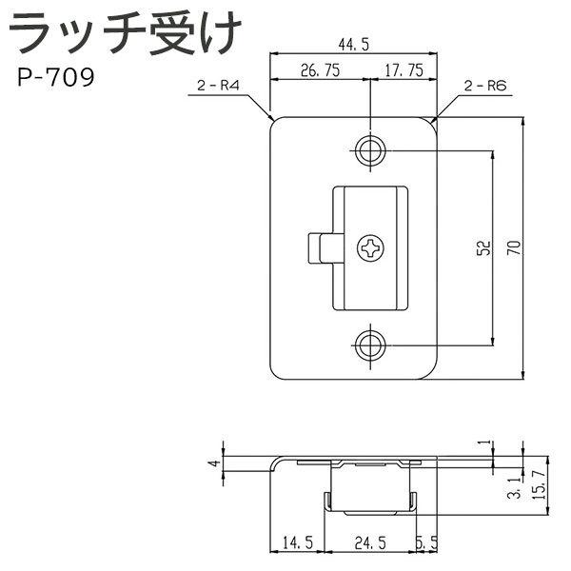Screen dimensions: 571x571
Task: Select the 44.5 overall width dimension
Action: (x=354, y=43)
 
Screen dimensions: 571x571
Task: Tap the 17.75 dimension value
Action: (x=404, y=69)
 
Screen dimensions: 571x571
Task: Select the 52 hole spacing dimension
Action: (x=482, y=248)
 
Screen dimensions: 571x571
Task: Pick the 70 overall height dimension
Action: (x=514, y=249)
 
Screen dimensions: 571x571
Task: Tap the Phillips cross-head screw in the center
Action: (x=371, y=249)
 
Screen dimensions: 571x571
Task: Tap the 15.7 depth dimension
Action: (x=538, y=485)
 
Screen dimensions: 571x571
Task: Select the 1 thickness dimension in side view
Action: (x=483, y=443)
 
